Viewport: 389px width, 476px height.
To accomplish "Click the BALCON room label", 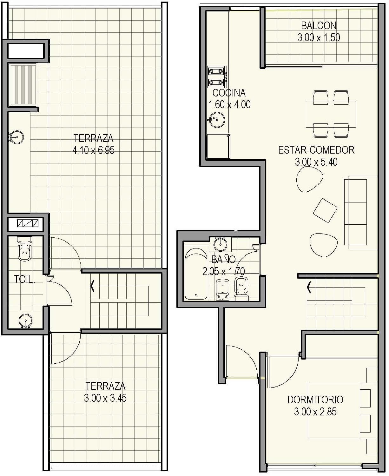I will (x=319, y=25).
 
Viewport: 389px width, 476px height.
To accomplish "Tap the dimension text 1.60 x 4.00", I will (x=229, y=104).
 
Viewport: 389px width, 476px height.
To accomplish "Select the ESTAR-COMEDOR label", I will (x=316, y=150).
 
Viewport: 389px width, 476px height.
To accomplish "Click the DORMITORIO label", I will (x=315, y=400).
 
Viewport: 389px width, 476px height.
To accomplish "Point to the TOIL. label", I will (x=24, y=279).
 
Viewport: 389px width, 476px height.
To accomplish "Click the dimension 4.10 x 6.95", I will (x=93, y=150).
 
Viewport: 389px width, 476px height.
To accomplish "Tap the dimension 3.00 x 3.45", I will (x=105, y=398).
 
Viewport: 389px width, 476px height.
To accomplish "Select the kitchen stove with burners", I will (x=217, y=77).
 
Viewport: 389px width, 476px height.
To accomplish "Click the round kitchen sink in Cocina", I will (x=217, y=120).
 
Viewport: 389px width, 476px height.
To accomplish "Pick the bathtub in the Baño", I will (x=196, y=274).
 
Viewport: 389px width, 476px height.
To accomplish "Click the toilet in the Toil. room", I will (x=24, y=249).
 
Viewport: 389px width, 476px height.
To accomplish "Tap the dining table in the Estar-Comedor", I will (x=331, y=114).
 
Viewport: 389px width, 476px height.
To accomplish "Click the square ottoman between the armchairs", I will (x=325, y=210).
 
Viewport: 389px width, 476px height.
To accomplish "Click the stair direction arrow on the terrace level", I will (x=92, y=286).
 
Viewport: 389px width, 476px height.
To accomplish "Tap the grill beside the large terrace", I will (x=23, y=84).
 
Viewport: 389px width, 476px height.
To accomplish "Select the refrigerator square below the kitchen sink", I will (x=218, y=146).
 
